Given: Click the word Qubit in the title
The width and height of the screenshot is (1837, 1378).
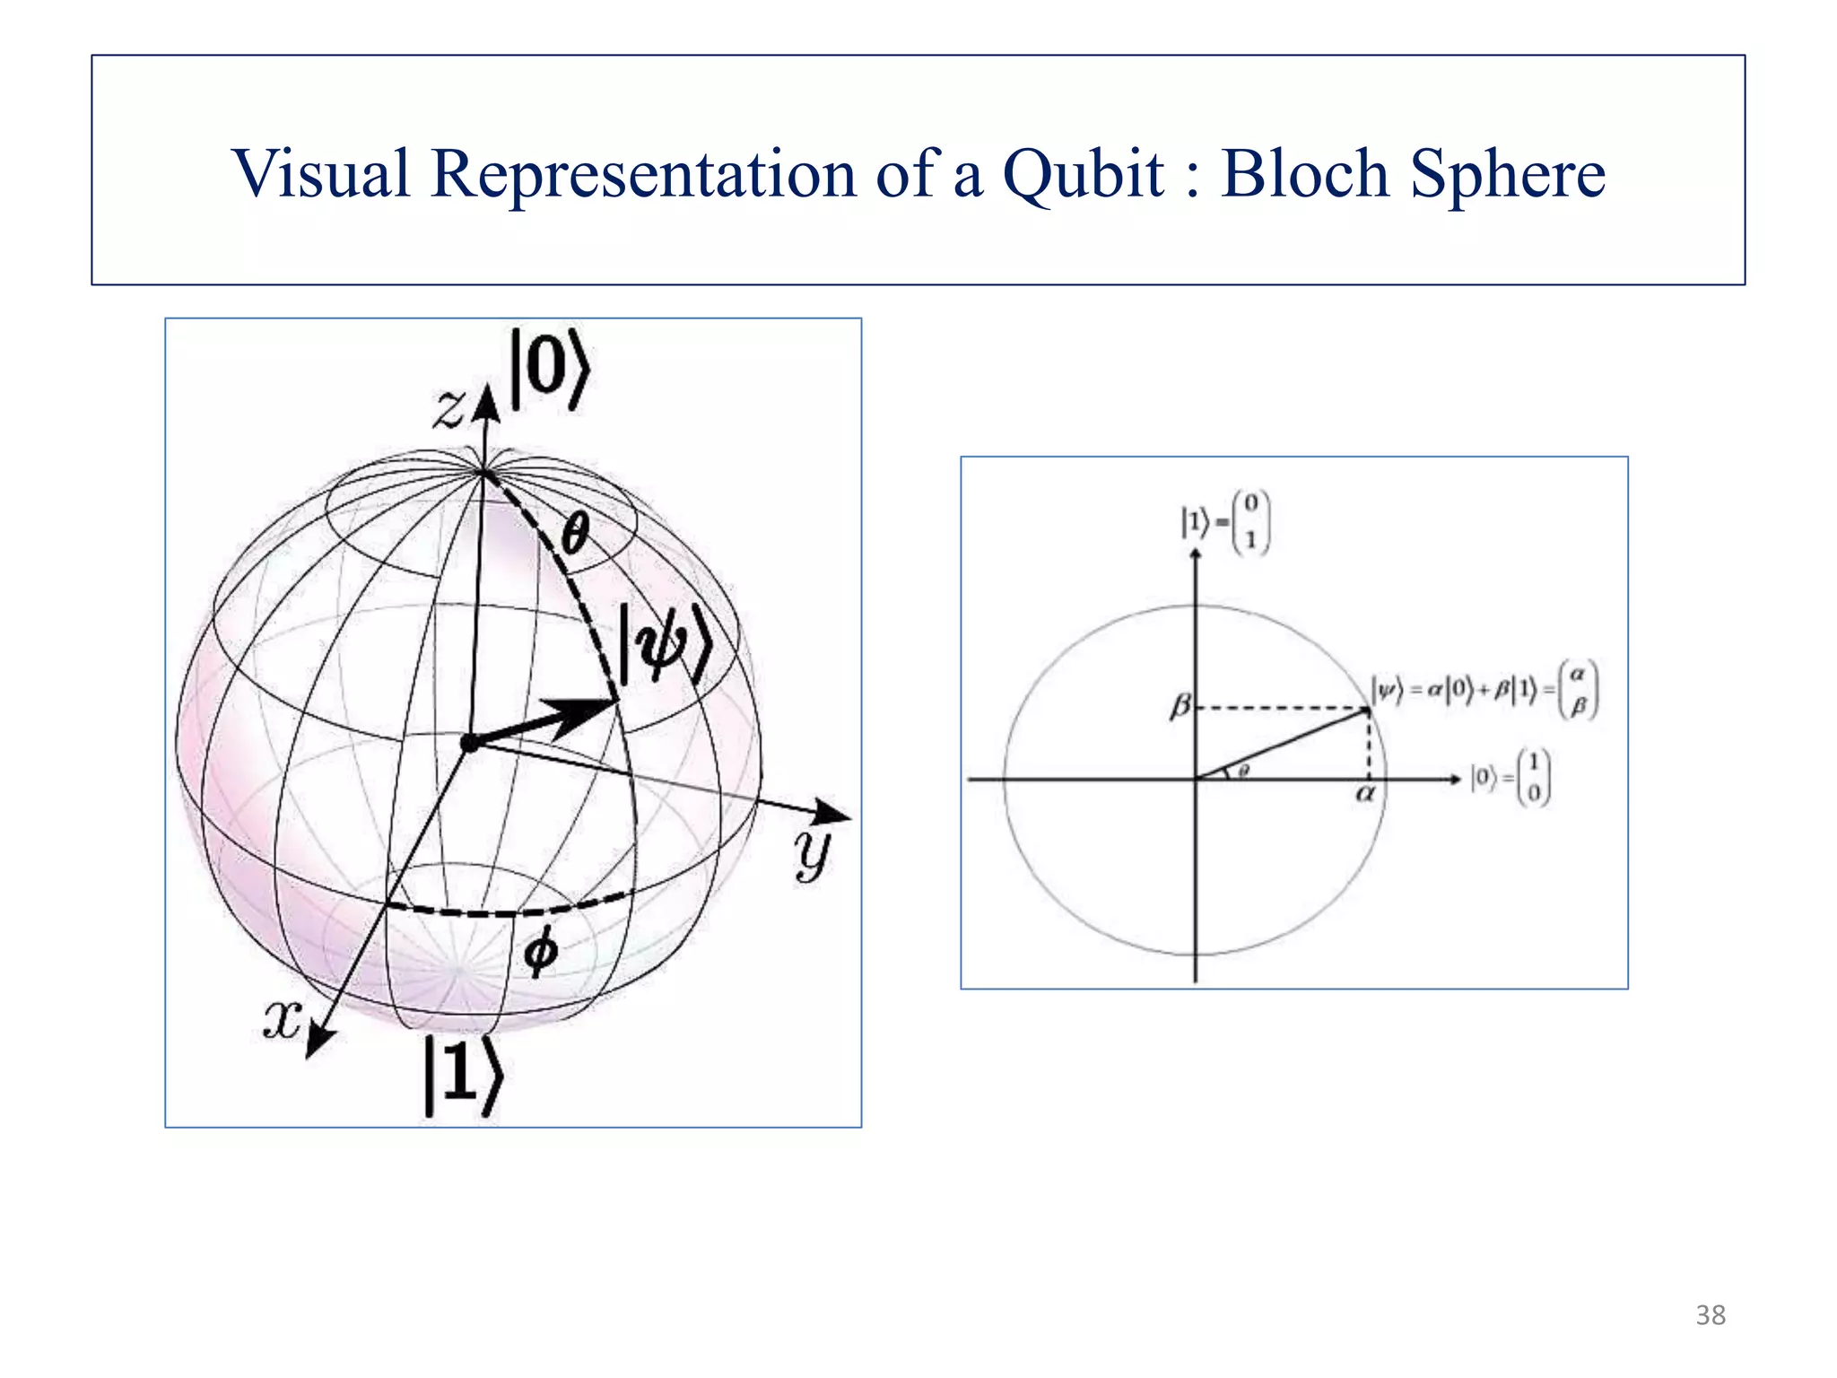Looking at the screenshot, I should pyautogui.click(x=1084, y=174).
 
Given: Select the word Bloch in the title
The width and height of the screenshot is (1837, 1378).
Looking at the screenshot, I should pyautogui.click(x=1305, y=174).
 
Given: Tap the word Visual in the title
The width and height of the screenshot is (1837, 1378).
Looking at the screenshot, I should pyautogui.click(x=321, y=172).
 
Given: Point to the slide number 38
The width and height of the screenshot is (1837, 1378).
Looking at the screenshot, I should pyautogui.click(x=1711, y=1315).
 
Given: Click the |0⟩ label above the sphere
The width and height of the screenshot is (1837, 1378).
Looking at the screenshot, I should pyautogui.click(x=549, y=370).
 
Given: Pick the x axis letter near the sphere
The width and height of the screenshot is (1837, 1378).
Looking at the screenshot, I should pyautogui.click(x=282, y=1020).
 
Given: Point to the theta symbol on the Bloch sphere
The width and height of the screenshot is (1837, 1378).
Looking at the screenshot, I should pyautogui.click(x=574, y=535).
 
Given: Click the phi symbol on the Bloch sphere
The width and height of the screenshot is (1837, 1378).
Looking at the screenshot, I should pyautogui.click(x=540, y=954).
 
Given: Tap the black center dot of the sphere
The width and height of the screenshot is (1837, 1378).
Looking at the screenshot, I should pyautogui.click(x=468, y=743).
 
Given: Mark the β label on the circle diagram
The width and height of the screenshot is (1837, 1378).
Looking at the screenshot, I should pyautogui.click(x=1180, y=708).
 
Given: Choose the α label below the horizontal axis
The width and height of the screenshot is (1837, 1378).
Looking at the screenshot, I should pyautogui.click(x=1364, y=794).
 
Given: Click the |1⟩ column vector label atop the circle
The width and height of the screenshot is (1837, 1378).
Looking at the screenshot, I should pyautogui.click(x=1225, y=523).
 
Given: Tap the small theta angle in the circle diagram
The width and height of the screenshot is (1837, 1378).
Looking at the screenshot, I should pyautogui.click(x=1243, y=770).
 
